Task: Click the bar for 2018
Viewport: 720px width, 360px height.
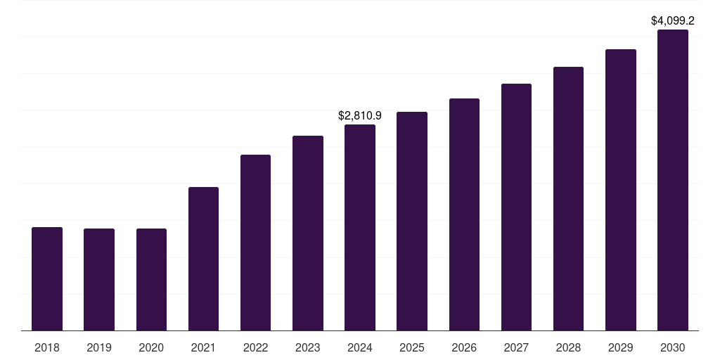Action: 47,278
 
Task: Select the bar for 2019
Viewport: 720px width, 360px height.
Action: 99,279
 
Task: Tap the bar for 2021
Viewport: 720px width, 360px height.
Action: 203,259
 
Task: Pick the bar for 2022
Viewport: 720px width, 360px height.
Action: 255,243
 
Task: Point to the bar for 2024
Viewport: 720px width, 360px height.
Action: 360,227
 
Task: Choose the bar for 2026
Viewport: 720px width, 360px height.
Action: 464,214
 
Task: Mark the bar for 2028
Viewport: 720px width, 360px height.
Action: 568,198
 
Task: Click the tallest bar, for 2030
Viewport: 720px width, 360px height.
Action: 672,180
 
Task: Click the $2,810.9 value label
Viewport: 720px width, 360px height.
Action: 360,115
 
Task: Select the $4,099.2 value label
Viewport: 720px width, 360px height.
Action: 673,20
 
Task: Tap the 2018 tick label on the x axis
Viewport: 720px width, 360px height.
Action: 47,347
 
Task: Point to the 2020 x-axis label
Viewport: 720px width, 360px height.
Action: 151,347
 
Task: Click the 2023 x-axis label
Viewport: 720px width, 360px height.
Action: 307,347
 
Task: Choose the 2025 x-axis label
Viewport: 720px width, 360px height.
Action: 412,347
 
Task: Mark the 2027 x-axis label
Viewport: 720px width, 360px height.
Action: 516,347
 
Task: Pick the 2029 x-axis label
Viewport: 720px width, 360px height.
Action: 620,347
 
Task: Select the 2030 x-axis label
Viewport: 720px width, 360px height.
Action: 672,347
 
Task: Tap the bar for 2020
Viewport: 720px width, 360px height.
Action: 151,279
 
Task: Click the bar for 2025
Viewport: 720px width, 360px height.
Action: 412,221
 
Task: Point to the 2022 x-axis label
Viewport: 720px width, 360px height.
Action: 255,347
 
